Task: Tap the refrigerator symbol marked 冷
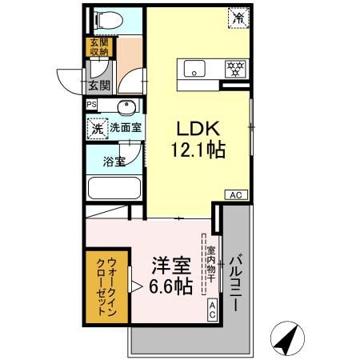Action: coord(239,17)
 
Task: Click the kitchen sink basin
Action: coord(194,69)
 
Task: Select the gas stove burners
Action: coord(234,69)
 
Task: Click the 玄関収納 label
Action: coord(98,46)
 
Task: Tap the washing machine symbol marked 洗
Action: coord(97,126)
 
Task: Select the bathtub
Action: coord(114,190)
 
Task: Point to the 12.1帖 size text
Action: coord(194,150)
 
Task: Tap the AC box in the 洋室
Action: coord(212,310)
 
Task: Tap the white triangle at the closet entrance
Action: coord(136,286)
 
